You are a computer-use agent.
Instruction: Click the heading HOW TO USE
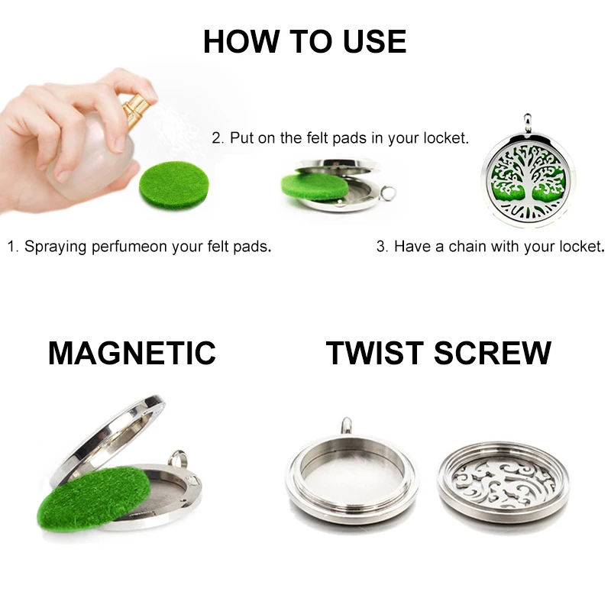tap(305, 41)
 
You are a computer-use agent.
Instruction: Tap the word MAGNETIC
tap(131, 353)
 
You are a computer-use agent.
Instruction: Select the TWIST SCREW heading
tap(438, 353)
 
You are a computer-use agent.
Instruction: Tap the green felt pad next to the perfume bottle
tap(174, 184)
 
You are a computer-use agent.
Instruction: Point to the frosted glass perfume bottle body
tap(93, 155)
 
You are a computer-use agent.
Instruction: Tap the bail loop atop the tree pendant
tap(527, 124)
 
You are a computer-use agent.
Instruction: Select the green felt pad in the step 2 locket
tap(314, 186)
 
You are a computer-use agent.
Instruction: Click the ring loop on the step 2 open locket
tap(388, 192)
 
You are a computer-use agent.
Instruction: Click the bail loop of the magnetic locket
tap(178, 459)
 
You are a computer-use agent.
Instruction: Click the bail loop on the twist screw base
tap(346, 425)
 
